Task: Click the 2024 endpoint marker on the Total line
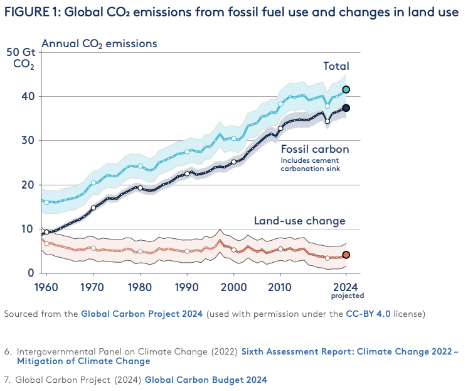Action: [x=346, y=90]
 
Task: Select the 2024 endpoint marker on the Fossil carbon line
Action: [x=346, y=108]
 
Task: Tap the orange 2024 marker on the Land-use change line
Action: [x=346, y=255]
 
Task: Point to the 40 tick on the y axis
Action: [x=28, y=96]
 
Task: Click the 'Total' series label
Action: [x=336, y=66]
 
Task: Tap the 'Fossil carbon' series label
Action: [x=315, y=149]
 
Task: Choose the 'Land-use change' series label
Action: [x=299, y=221]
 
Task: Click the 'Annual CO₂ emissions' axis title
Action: [x=99, y=43]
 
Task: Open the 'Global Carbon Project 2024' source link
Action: [x=142, y=314]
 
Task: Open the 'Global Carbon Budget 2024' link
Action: [x=206, y=380]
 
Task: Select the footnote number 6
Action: [x=8, y=351]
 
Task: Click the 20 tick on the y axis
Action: [x=28, y=185]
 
